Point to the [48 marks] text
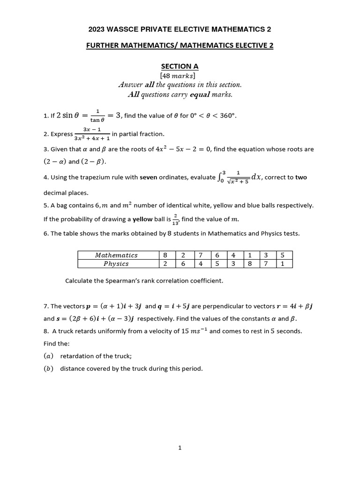pos(180,75)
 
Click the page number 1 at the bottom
pos(180,448)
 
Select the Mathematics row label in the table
pos(116,255)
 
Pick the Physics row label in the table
pos(116,263)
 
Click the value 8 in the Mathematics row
pos(165,255)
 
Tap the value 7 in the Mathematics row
pos(200,255)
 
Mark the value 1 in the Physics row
pos(281,263)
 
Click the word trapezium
pos(91,178)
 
